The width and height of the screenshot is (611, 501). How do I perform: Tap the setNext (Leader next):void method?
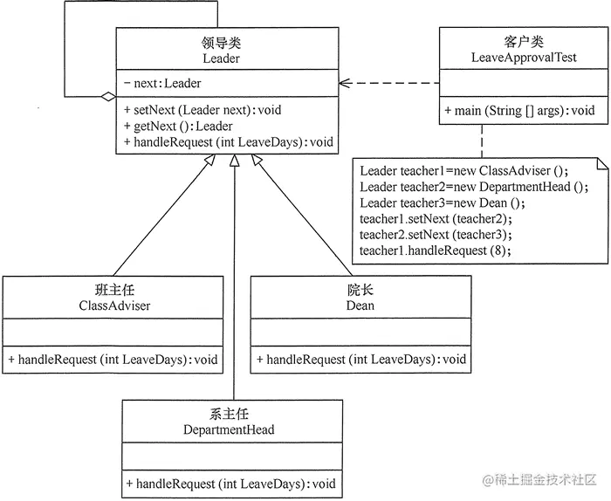[x=203, y=110]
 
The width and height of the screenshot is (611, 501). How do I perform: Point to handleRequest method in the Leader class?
[x=229, y=141]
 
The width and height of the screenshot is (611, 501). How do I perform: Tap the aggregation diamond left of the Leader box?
[x=106, y=97]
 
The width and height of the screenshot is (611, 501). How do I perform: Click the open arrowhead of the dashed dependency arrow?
[x=345, y=84]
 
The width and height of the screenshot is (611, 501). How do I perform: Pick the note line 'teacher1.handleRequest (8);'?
[x=435, y=250]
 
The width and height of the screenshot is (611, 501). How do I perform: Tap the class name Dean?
[x=360, y=305]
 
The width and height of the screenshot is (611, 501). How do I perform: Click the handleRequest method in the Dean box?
[x=361, y=359]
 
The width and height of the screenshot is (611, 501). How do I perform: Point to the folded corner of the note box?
[x=602, y=163]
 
